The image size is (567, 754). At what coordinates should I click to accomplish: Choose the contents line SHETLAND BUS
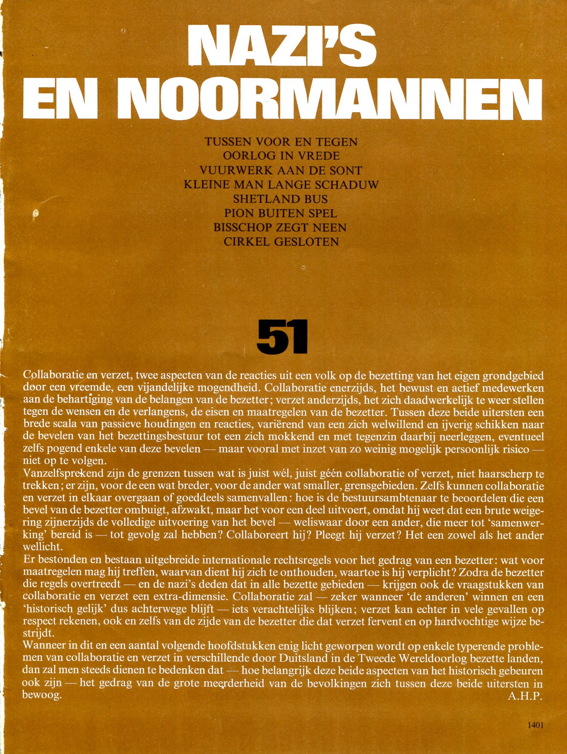point(280,199)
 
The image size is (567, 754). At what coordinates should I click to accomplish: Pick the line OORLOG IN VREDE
point(281,156)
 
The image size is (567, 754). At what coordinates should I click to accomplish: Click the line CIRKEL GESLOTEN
point(281,242)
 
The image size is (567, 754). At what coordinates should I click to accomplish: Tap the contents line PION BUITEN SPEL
point(281,214)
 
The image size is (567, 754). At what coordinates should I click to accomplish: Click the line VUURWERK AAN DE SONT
point(281,170)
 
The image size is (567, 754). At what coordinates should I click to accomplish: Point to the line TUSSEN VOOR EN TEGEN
point(281,142)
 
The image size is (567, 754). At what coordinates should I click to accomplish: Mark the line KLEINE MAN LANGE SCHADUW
point(281,185)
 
